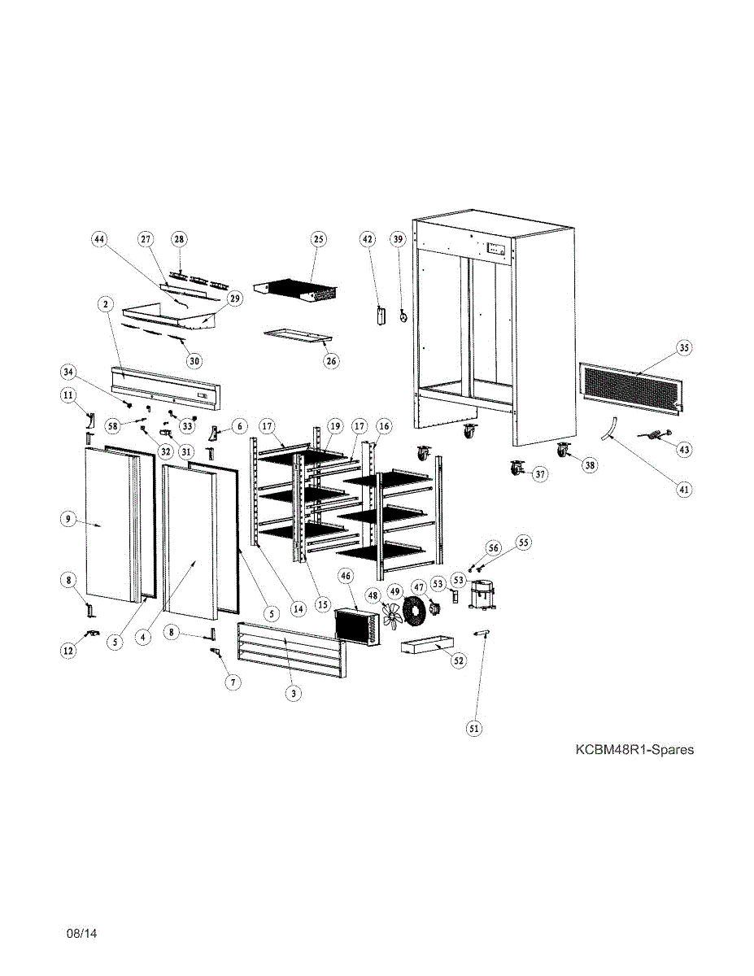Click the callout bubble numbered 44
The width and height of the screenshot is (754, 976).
(99, 239)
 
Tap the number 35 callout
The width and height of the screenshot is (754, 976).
(684, 347)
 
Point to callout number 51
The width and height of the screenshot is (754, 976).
(473, 729)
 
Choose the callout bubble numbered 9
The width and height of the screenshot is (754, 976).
(69, 519)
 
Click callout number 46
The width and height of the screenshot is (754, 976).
(346, 576)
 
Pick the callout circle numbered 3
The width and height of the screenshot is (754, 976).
(294, 694)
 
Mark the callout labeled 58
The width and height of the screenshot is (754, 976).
(112, 424)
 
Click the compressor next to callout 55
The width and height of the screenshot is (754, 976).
(483, 595)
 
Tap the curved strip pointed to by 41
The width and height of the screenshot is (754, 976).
(609, 426)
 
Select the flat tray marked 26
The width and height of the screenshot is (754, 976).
(299, 335)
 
